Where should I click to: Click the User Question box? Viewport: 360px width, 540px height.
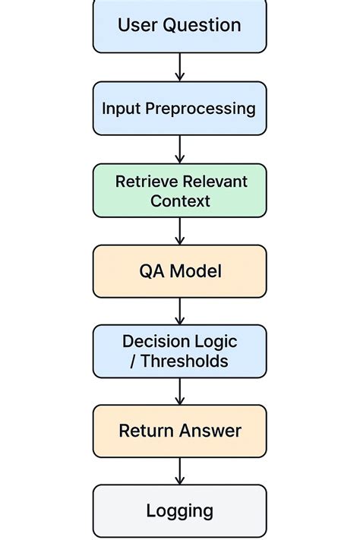[180, 26]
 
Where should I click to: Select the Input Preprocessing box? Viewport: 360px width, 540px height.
[180, 108]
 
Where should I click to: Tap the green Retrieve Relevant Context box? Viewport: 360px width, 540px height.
[180, 191]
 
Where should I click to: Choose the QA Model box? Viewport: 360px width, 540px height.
[180, 271]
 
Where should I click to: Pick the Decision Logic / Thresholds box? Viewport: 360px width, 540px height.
[180, 351]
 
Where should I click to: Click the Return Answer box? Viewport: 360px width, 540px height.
[180, 431]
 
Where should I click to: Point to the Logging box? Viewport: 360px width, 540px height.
[180, 510]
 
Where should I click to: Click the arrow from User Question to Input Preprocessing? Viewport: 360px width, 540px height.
[180, 67]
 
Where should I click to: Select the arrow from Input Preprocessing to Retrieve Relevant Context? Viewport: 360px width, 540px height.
[180, 149]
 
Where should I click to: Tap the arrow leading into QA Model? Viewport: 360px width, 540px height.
[180, 231]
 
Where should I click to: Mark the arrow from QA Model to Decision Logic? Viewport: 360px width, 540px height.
[180, 311]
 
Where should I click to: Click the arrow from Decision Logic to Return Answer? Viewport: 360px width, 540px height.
[180, 390]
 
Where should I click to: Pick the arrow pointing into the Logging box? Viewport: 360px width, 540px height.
[180, 470]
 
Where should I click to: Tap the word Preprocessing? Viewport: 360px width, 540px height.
[201, 109]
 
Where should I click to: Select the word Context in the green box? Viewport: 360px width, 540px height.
[180, 201]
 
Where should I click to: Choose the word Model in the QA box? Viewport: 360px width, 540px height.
[195, 271]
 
